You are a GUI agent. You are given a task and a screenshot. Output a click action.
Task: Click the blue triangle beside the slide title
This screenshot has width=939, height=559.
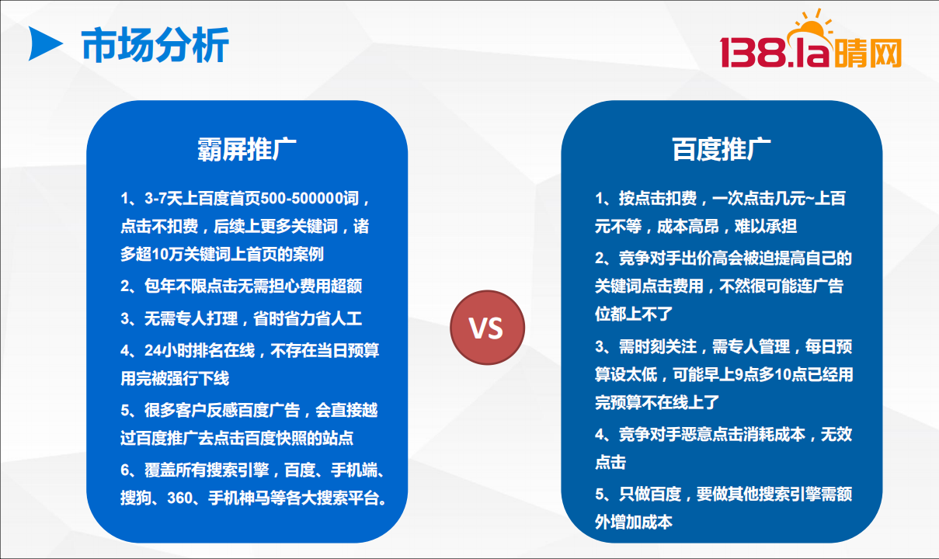tap(44, 43)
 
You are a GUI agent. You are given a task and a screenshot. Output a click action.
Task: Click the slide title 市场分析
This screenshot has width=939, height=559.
tap(155, 45)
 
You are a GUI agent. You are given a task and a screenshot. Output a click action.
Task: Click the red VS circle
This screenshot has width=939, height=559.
tap(487, 328)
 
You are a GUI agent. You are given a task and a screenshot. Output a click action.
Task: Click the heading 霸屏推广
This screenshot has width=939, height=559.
tap(247, 149)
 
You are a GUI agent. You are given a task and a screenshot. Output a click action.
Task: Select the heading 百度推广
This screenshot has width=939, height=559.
tap(722, 149)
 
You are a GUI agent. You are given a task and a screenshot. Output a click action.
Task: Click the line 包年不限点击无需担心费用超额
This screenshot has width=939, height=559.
tap(242, 286)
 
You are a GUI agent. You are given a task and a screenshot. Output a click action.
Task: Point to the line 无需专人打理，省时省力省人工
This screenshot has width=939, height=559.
tap(242, 318)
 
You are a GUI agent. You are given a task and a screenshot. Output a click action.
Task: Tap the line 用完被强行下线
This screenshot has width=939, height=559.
tap(175, 378)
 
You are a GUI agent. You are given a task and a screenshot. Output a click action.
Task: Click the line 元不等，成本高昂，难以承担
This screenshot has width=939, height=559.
tap(696, 226)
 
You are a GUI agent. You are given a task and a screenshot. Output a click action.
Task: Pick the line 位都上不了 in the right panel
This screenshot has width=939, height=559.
tap(634, 314)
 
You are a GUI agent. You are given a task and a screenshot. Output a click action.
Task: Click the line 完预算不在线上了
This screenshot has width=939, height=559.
tap(657, 402)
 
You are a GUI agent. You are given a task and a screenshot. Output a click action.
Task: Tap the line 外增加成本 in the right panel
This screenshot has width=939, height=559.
tap(634, 523)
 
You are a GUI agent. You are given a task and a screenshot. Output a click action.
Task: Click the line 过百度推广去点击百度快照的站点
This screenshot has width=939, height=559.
tap(237, 439)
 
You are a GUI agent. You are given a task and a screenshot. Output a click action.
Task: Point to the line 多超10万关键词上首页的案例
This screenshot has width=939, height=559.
tap(222, 254)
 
